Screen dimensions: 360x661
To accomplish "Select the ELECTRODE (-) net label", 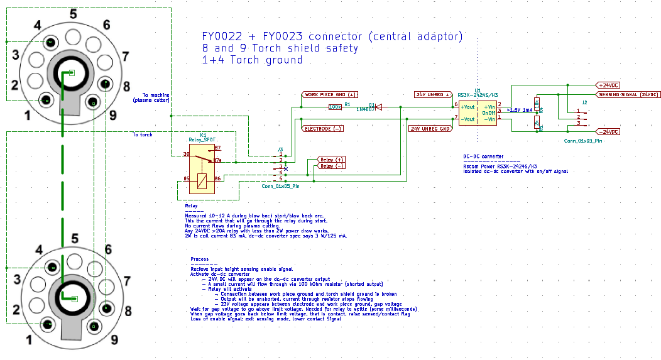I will coord(323,128).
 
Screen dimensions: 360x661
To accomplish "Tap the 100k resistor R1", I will coord(336,107).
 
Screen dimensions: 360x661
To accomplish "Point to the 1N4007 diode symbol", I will coord(378,107).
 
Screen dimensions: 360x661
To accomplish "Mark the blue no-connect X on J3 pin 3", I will coord(286,168).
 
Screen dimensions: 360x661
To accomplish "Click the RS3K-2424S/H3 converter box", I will coord(478,112).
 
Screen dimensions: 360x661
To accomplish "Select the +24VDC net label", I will coord(608,85).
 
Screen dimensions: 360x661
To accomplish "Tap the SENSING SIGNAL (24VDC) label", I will coord(628,94).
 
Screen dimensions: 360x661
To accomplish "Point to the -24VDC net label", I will coord(608,132).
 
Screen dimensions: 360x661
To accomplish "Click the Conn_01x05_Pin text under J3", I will coord(280,186).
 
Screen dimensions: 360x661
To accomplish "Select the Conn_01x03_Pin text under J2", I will coord(583,141).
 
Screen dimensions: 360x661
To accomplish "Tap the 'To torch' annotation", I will coord(142,134).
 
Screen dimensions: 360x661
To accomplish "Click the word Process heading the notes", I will coord(200,259).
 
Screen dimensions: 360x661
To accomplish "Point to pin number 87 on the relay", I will coord(217,148).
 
